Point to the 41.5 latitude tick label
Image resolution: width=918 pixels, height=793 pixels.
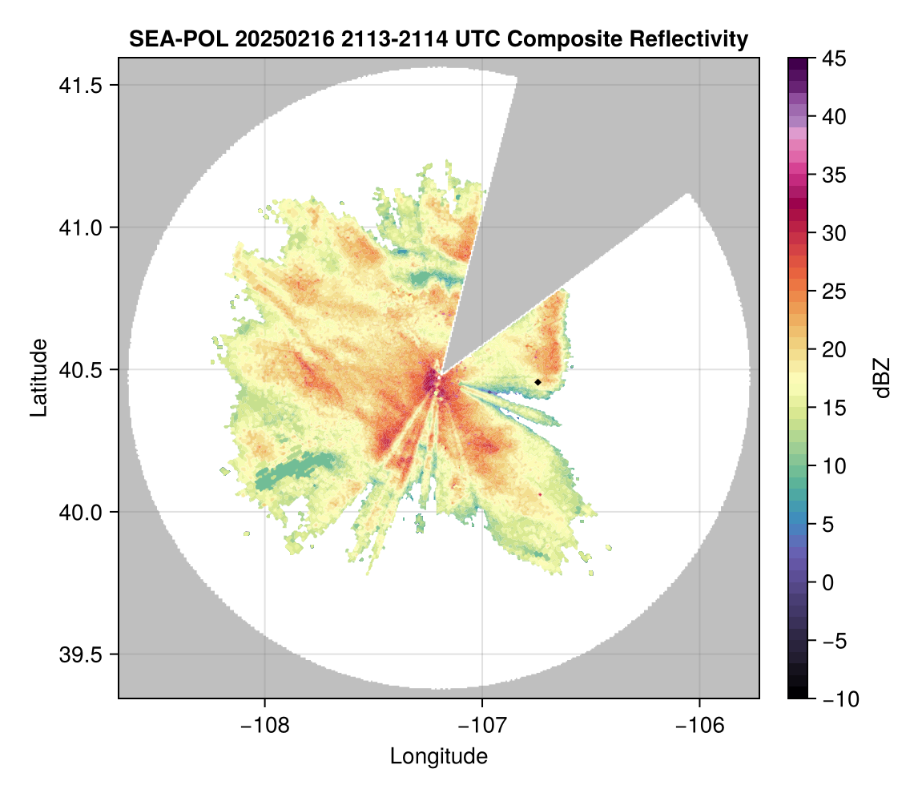tap(78, 85)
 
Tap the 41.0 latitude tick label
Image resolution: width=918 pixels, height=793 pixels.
tap(78, 227)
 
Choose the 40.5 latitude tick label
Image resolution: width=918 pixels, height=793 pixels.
tap(78, 370)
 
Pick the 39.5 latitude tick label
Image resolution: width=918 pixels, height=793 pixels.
tap(78, 654)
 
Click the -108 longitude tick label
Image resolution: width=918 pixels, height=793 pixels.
tap(264, 725)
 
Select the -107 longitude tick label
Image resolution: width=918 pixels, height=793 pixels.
tap(482, 725)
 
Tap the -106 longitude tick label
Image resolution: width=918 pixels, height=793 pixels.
tap(700, 725)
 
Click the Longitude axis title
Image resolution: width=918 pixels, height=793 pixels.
tap(439, 756)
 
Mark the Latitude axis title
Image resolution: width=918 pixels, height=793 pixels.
tap(38, 377)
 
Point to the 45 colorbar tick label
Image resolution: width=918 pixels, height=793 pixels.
tap(834, 58)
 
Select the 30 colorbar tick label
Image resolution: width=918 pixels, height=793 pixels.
tap(834, 233)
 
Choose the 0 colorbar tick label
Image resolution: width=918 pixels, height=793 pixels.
tap(829, 582)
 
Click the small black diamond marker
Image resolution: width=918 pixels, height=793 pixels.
tap(538, 382)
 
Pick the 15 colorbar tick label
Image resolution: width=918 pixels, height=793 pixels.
tap(834, 408)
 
